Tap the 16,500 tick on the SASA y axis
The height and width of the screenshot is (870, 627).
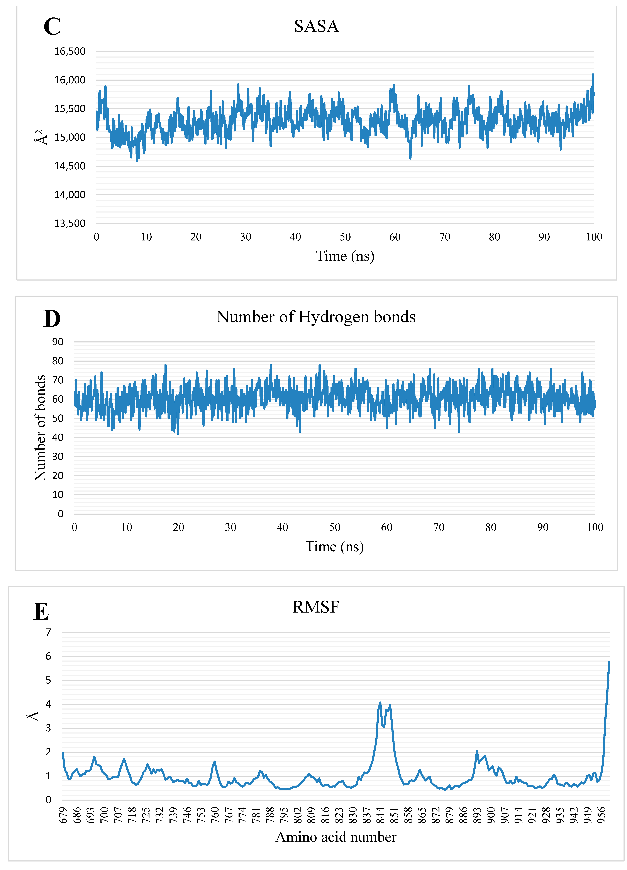70,51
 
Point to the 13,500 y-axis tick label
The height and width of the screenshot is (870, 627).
70,223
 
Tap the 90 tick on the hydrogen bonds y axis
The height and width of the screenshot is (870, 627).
58,342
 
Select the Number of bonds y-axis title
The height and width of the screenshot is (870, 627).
40,428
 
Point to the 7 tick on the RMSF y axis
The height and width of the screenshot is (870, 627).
48,632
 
